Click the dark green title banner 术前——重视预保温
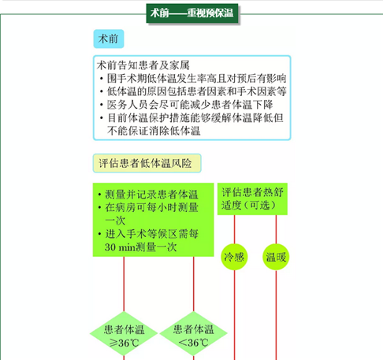point(192,13)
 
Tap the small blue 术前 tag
point(109,39)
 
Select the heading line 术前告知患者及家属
point(143,65)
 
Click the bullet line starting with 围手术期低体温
point(193,78)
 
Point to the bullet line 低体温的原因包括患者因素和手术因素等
point(193,91)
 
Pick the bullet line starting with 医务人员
point(186,105)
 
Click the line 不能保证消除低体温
point(154,131)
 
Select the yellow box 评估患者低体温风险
point(147,163)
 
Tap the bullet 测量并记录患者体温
point(148,195)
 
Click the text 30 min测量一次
point(140,247)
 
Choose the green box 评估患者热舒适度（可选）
point(252,199)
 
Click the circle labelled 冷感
point(234,257)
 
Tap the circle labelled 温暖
point(276,257)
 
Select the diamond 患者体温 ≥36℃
point(124,333)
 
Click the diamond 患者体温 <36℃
point(194,333)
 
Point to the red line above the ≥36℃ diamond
point(124,284)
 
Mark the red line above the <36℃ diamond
point(194,284)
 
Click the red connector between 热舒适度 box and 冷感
point(234,229)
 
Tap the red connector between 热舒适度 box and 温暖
point(276,229)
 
